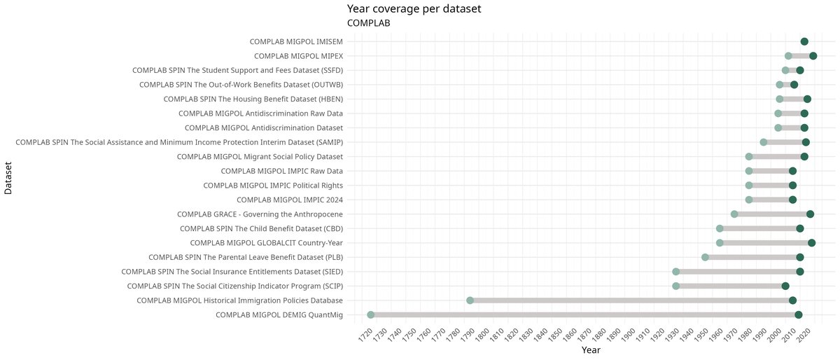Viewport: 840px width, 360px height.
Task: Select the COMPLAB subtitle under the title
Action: pos(368,23)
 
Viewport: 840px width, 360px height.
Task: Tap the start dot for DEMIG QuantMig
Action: pos(371,315)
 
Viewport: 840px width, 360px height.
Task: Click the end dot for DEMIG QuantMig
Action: pos(799,315)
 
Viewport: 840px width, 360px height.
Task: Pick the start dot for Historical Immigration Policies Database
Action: pos(470,300)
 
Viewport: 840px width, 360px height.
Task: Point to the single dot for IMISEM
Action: pos(804,41)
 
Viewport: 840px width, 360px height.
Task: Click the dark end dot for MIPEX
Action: pos(813,56)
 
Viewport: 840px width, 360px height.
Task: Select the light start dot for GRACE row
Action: pos(734,214)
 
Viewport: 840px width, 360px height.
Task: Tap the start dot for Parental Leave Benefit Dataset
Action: pos(705,258)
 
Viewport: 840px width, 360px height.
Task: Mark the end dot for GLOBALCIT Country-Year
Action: pos(811,243)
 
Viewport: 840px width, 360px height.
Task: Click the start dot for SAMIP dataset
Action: pos(764,142)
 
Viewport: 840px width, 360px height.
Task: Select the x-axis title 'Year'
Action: pos(591,349)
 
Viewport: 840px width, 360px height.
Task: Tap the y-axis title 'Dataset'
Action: pos(8,178)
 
